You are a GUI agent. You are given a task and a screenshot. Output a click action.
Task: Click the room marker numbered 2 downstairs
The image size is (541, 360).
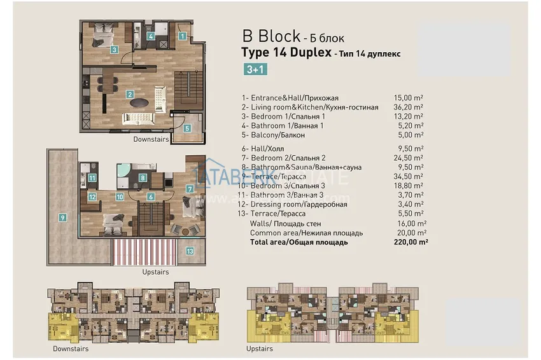[x=130, y=95]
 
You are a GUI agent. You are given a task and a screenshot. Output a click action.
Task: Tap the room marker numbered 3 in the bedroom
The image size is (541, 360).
[x=113, y=49]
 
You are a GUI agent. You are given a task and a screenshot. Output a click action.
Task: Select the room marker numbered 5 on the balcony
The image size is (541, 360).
[x=186, y=128]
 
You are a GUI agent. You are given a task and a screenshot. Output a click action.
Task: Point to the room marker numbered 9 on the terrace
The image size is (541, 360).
[x=62, y=218]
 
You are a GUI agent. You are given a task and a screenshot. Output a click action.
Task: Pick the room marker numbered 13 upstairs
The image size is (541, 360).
[x=190, y=251]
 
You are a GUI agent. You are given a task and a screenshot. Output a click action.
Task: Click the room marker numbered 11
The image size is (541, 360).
[x=93, y=178]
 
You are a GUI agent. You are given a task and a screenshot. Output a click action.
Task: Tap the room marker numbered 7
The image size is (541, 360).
[x=190, y=189]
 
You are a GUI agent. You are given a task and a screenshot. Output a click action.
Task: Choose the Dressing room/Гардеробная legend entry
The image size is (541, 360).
[x=294, y=204]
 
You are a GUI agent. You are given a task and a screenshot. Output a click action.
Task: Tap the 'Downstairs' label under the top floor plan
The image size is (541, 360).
[x=151, y=139]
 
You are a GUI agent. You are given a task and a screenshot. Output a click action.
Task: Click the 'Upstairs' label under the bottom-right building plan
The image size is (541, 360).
[x=259, y=349]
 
